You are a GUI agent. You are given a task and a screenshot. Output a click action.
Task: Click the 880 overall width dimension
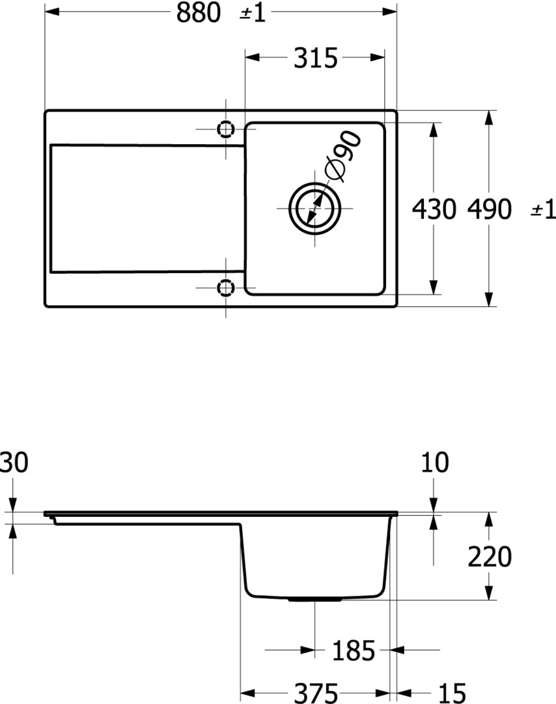pyautogui.click(x=198, y=12)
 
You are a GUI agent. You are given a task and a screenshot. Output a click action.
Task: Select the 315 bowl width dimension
pyautogui.click(x=315, y=58)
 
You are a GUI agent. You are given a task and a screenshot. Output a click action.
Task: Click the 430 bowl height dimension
pyautogui.click(x=434, y=209)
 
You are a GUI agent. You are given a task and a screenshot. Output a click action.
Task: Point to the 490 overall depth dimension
pyautogui.click(x=489, y=209)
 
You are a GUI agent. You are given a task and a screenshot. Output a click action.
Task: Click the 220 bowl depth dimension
pyautogui.click(x=490, y=557)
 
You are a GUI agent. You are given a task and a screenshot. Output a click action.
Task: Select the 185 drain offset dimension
pyautogui.click(x=354, y=651)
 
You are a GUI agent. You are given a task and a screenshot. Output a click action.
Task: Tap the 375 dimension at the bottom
pyautogui.click(x=316, y=693)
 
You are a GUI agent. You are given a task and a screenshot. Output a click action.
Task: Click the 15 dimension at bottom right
pyautogui.click(x=452, y=693)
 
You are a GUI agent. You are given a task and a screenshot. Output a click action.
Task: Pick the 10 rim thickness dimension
pyautogui.click(x=435, y=462)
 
